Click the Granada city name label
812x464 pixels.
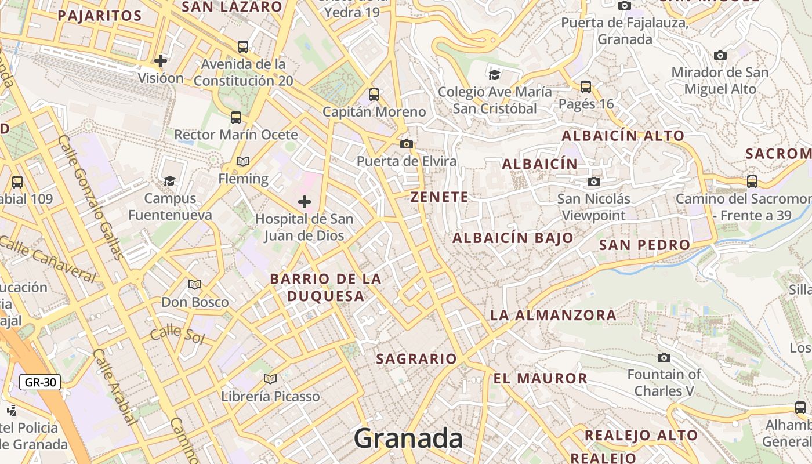[x=408, y=438]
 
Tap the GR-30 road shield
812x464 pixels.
[x=40, y=382]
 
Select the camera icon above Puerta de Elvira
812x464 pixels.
[x=407, y=144]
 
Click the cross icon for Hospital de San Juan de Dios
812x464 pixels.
[x=304, y=202]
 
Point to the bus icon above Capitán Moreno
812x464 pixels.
[x=374, y=94]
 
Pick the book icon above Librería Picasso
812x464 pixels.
[x=270, y=379]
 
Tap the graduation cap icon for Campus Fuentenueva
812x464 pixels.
[x=169, y=181]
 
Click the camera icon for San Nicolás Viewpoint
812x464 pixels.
[x=593, y=182]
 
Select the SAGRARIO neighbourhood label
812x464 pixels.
[x=416, y=358]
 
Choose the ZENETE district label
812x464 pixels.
[x=439, y=197]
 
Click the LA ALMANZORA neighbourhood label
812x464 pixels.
[x=553, y=316]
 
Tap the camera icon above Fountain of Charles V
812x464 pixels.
[x=664, y=357]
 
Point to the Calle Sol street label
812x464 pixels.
[x=177, y=335]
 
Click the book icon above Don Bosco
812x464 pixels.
[x=195, y=284]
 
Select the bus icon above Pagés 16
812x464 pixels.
[x=586, y=87]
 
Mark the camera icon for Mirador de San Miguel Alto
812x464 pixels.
[x=720, y=56]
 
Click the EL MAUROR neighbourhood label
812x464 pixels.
[x=541, y=379]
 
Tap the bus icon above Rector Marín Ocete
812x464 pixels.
[x=236, y=118]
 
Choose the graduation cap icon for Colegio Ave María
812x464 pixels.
[x=495, y=74]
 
